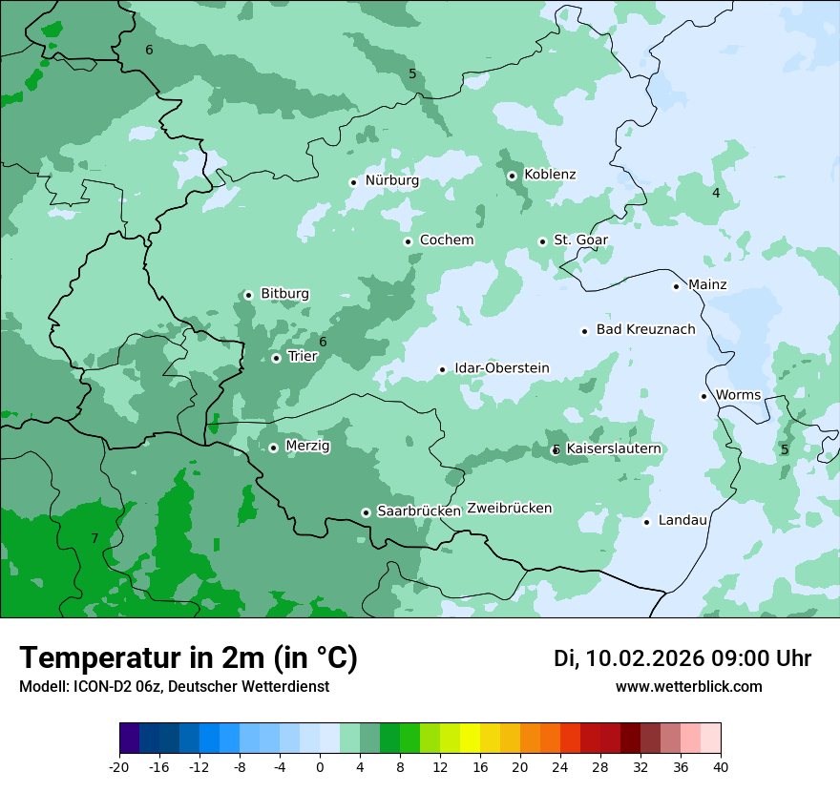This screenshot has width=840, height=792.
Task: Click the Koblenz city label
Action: [x=550, y=175]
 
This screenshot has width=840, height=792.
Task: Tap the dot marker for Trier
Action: [x=276, y=358]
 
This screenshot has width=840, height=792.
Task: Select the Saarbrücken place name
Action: [x=419, y=511]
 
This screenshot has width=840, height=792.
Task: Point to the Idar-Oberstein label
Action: [x=501, y=368]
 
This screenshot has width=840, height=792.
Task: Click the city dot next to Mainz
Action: [x=676, y=286]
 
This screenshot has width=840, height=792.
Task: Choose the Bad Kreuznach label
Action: [x=645, y=330]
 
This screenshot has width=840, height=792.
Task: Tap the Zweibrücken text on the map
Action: [x=509, y=509]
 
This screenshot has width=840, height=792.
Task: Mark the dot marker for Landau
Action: [x=646, y=521]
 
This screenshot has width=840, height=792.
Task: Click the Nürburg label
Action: [x=391, y=180]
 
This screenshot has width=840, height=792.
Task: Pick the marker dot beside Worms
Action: [x=703, y=396]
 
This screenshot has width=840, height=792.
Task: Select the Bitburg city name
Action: [x=284, y=294]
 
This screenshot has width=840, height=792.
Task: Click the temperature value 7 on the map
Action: [x=94, y=539]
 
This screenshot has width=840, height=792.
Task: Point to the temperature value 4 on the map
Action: [x=716, y=194]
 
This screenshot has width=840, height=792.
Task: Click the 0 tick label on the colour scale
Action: [x=320, y=767]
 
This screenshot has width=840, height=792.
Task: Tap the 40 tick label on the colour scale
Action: [x=721, y=767]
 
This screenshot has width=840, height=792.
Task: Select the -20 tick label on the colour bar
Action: [x=119, y=767]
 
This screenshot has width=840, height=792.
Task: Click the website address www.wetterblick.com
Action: [x=688, y=687]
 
